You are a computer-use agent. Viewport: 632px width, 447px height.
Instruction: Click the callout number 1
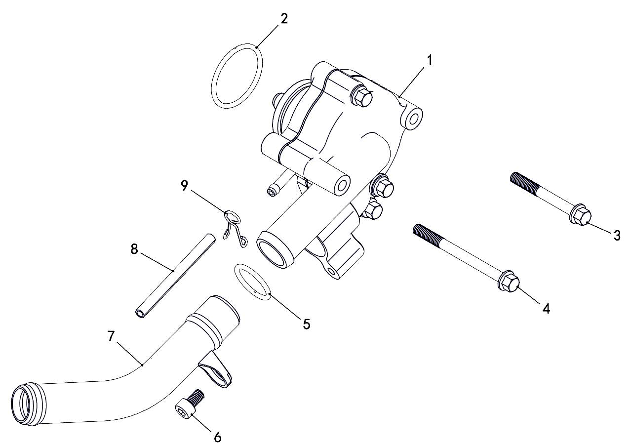(x=429, y=60)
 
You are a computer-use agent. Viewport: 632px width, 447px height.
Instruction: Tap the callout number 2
(x=284, y=19)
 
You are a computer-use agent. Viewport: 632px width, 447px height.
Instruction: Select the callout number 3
(x=617, y=235)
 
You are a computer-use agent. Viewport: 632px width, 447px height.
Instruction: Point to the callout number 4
(x=546, y=309)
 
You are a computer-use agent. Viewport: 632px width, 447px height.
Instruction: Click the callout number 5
(x=307, y=324)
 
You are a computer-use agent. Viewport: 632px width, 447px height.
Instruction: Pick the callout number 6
(x=217, y=438)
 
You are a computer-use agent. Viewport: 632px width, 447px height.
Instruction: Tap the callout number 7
(x=111, y=336)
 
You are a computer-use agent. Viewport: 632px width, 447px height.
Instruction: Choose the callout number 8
(x=134, y=249)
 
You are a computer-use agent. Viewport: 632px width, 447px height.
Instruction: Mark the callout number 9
(x=184, y=186)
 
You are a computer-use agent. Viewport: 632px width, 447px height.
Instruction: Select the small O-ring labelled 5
(x=237, y=275)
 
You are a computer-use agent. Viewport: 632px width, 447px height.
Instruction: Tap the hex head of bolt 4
(x=510, y=281)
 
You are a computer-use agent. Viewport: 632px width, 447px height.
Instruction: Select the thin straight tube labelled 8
(x=175, y=276)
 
